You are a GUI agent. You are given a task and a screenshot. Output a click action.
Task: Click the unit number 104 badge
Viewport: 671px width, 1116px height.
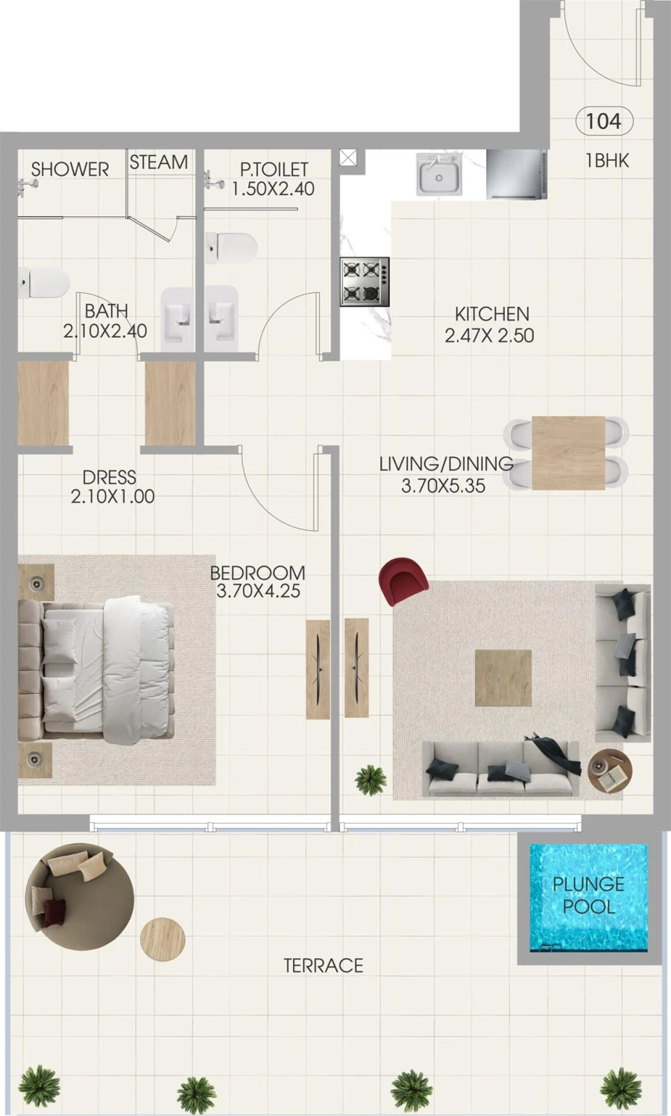[604, 121]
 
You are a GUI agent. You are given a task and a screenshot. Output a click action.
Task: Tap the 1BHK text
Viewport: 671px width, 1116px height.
[607, 160]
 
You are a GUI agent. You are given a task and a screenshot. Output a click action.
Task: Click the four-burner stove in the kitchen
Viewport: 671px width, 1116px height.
[365, 282]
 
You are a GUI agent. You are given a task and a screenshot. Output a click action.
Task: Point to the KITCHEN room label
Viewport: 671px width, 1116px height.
[492, 314]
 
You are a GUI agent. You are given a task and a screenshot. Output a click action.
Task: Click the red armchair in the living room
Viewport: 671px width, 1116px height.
[403, 579]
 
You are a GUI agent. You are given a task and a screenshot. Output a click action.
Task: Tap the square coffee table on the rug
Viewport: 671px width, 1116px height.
[503, 677]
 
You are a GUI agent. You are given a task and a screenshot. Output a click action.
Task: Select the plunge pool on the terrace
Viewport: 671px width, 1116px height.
[588, 897]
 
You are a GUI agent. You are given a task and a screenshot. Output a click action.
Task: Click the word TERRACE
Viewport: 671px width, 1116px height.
[323, 965]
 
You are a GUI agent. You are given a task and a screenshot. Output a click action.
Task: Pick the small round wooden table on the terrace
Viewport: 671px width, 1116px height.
[163, 939]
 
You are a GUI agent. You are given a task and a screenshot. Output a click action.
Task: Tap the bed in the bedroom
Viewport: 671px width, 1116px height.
[104, 669]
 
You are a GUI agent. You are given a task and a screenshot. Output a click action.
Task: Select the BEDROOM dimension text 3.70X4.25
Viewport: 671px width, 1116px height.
[258, 591]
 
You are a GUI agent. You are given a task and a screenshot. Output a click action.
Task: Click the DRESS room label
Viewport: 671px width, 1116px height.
[109, 477]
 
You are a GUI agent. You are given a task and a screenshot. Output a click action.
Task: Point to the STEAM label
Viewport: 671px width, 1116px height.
[159, 162]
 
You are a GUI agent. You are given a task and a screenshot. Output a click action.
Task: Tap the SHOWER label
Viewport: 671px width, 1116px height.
[70, 169]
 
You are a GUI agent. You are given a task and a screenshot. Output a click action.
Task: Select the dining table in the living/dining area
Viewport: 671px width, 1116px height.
[568, 453]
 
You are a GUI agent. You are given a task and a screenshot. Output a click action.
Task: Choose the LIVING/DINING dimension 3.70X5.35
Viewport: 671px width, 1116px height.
[443, 486]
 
